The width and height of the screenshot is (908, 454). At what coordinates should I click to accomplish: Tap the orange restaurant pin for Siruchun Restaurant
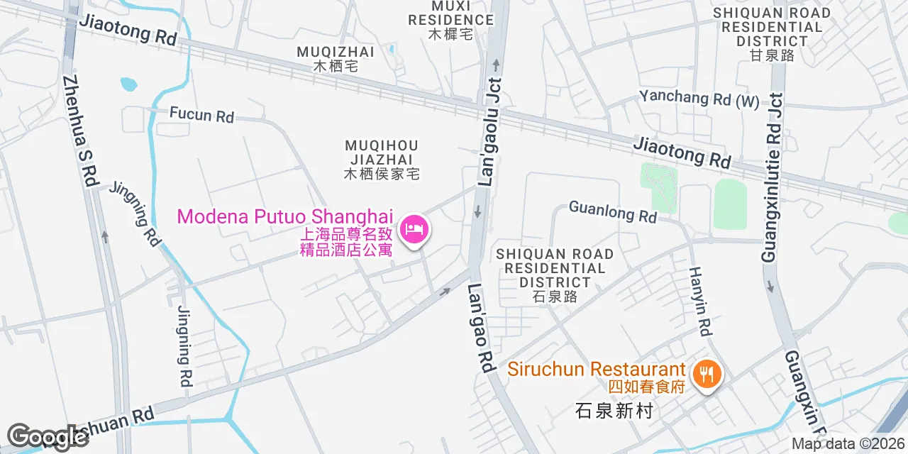click(x=707, y=372)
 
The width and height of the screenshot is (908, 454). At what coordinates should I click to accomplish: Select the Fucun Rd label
click(x=201, y=114)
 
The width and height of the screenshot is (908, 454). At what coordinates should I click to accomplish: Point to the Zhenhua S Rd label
click(x=79, y=131)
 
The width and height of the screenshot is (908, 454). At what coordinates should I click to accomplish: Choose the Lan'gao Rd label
click(x=480, y=329)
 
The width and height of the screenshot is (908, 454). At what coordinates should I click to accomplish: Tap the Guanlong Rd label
click(x=612, y=212)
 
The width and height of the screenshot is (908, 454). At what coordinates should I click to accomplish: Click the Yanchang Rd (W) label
click(x=699, y=99)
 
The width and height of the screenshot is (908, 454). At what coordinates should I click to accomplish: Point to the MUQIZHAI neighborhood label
click(x=336, y=58)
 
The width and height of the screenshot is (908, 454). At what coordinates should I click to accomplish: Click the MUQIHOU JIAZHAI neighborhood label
click(x=381, y=159)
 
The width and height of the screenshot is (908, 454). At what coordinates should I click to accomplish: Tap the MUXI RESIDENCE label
click(x=450, y=20)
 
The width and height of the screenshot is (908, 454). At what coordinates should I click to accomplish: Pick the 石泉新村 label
click(x=614, y=411)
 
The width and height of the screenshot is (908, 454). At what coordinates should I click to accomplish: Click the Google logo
click(x=48, y=436)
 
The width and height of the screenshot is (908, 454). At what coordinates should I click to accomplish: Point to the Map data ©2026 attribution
click(x=848, y=444)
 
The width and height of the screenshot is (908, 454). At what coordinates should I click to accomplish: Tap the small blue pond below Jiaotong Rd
click(x=128, y=84)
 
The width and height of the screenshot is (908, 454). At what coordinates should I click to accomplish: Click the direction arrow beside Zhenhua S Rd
click(x=105, y=236)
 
